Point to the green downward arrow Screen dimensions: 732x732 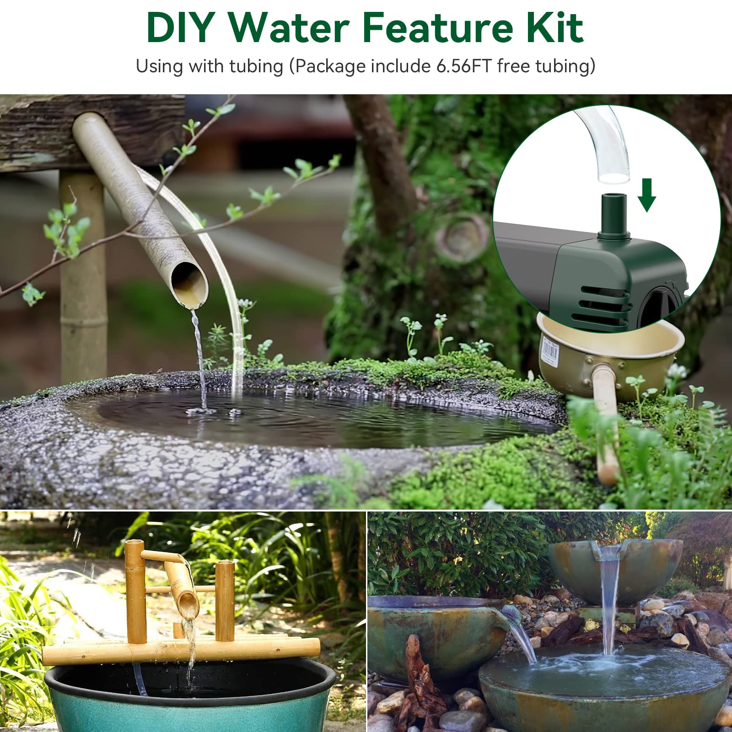point(646,195)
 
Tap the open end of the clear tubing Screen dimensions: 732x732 point(614,176)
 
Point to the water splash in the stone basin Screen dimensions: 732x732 point(202,410)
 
